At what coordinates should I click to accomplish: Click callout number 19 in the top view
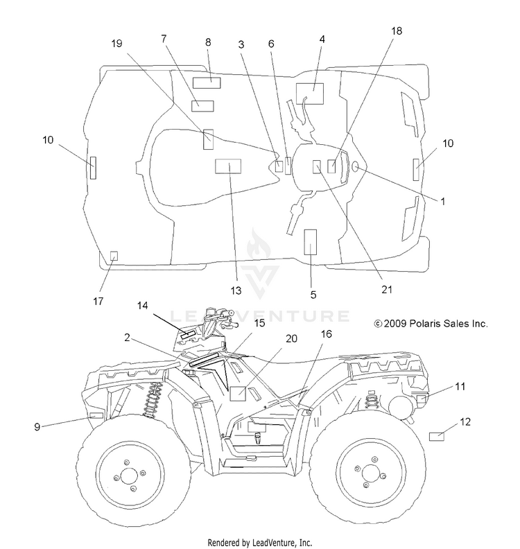(116, 44)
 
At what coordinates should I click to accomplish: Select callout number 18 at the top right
(397, 31)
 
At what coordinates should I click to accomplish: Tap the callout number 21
(387, 290)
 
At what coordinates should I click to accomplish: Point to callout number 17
(98, 301)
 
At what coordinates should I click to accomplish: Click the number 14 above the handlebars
(142, 306)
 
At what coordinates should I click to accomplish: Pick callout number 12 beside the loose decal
(465, 422)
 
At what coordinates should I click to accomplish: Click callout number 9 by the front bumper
(37, 427)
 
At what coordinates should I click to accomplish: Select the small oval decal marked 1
(355, 167)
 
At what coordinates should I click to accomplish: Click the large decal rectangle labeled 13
(228, 166)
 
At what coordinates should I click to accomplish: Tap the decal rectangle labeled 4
(310, 94)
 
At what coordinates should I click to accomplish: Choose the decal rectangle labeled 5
(310, 242)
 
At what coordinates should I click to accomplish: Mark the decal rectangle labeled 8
(207, 83)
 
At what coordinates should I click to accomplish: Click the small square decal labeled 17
(114, 256)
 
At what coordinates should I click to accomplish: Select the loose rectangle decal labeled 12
(437, 437)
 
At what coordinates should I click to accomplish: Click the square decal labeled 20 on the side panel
(238, 394)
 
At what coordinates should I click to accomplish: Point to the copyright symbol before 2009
(378, 324)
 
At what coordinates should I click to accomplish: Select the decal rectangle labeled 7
(202, 106)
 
